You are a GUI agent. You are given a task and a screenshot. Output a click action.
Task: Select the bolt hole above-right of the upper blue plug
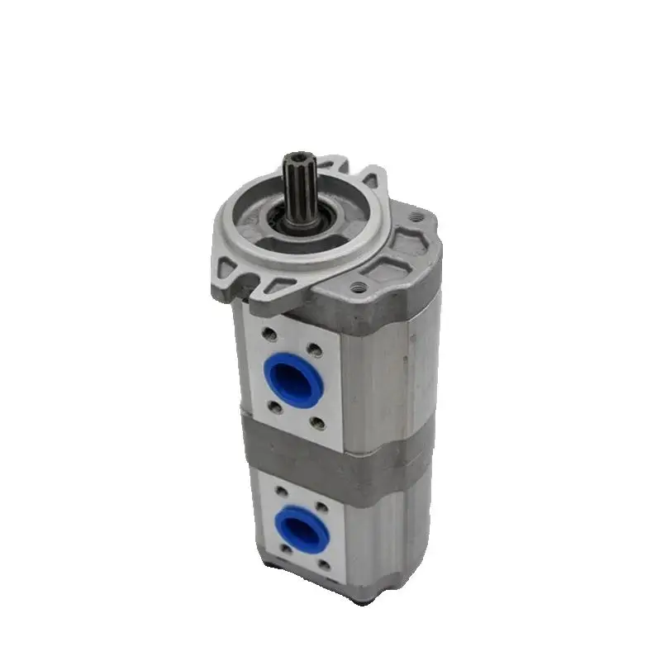click(313, 347)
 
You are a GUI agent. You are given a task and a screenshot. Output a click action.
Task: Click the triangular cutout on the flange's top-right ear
click(369, 179)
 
